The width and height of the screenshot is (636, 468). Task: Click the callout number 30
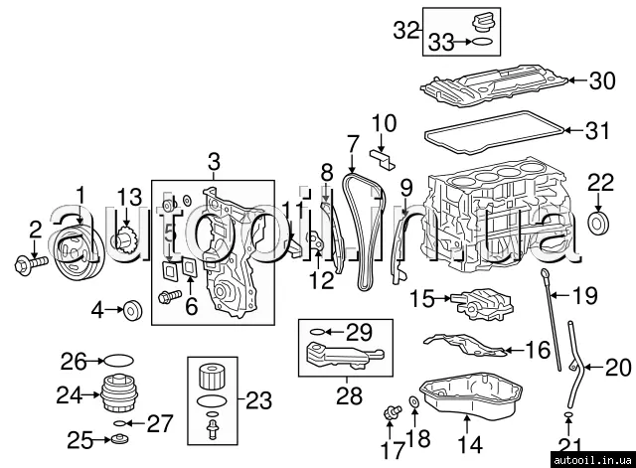(602, 81)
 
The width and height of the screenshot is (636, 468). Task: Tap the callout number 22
(600, 182)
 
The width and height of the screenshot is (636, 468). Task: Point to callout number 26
(76, 360)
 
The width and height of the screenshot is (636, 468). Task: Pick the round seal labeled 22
(599, 221)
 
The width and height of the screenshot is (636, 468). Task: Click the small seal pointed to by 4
(132, 311)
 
